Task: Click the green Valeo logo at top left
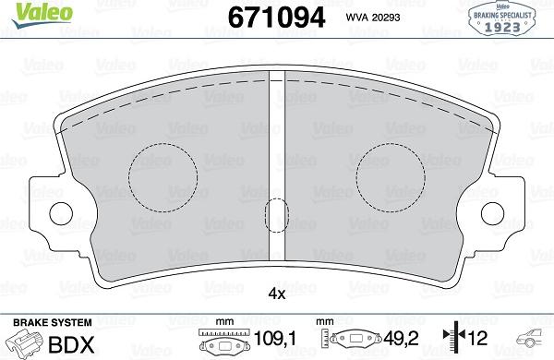(30, 12)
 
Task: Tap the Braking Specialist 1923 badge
(505, 18)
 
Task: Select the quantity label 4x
(276, 294)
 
